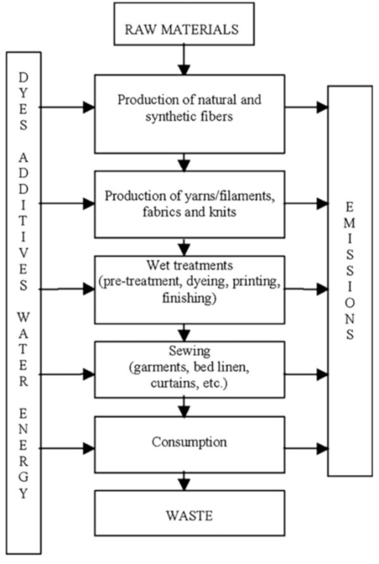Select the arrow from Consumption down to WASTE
[184, 481]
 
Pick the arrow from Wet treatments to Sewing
[184, 332]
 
